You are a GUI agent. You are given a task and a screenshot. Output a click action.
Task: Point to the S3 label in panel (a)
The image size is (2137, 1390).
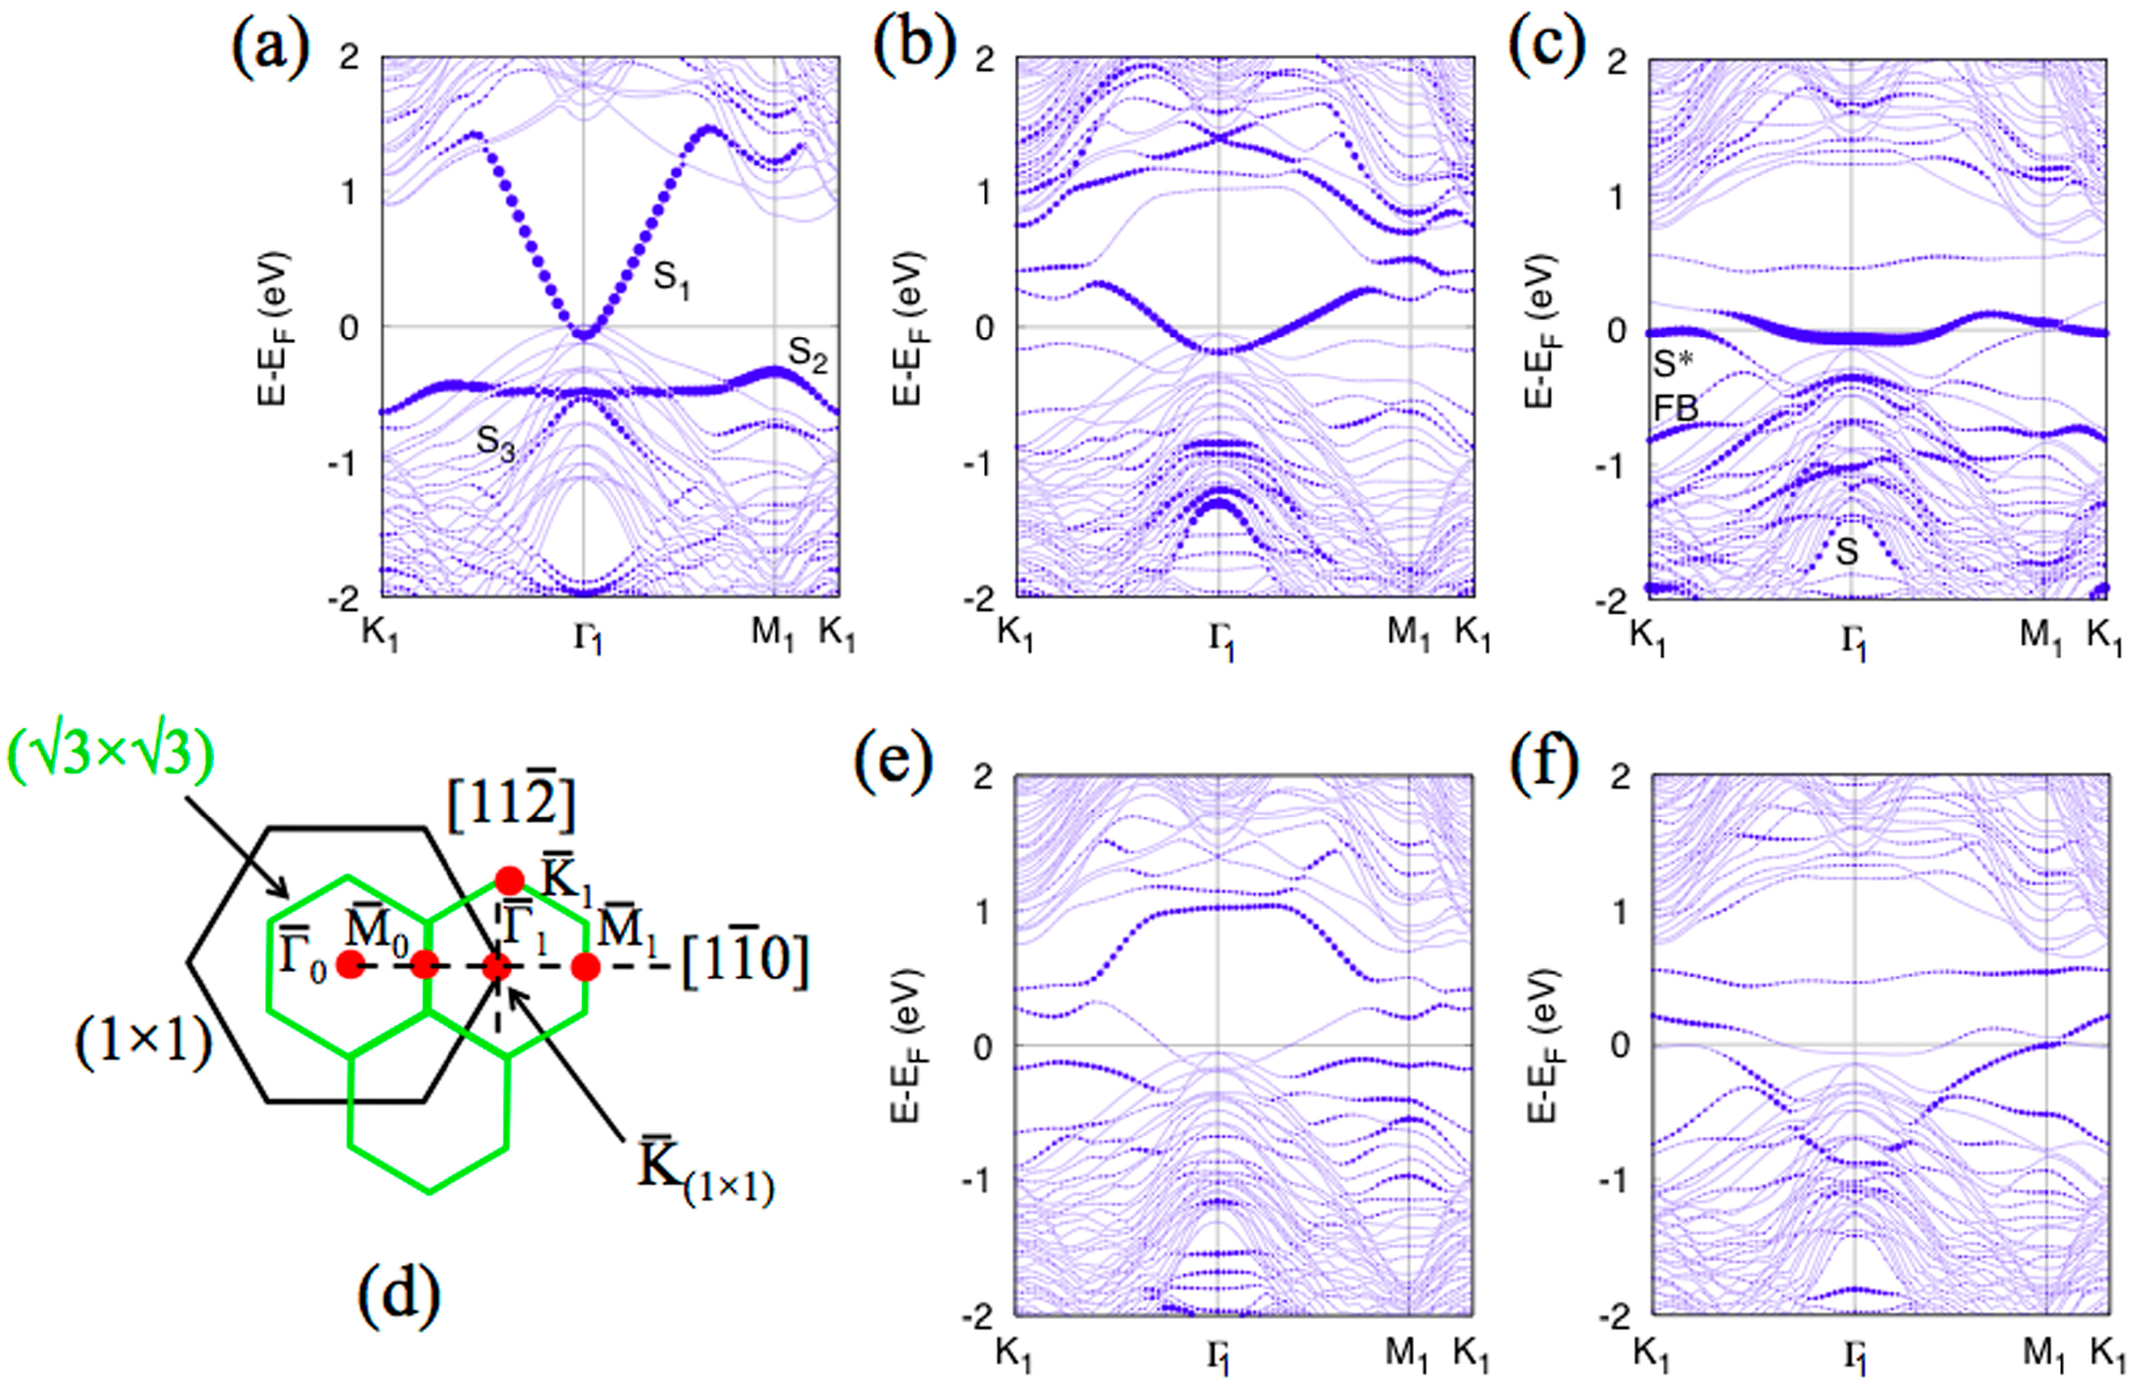click(x=495, y=442)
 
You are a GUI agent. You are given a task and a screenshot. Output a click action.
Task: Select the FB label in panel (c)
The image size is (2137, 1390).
click(x=1675, y=409)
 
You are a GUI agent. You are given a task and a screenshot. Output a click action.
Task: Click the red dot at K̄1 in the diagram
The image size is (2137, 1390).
click(x=509, y=880)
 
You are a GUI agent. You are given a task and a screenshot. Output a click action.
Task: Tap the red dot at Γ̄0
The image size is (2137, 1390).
click(x=349, y=966)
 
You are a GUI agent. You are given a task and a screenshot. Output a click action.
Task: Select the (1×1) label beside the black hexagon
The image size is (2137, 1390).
click(x=144, y=1046)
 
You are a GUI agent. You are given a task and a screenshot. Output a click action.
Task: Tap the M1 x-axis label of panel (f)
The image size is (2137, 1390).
click(x=2043, y=1355)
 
